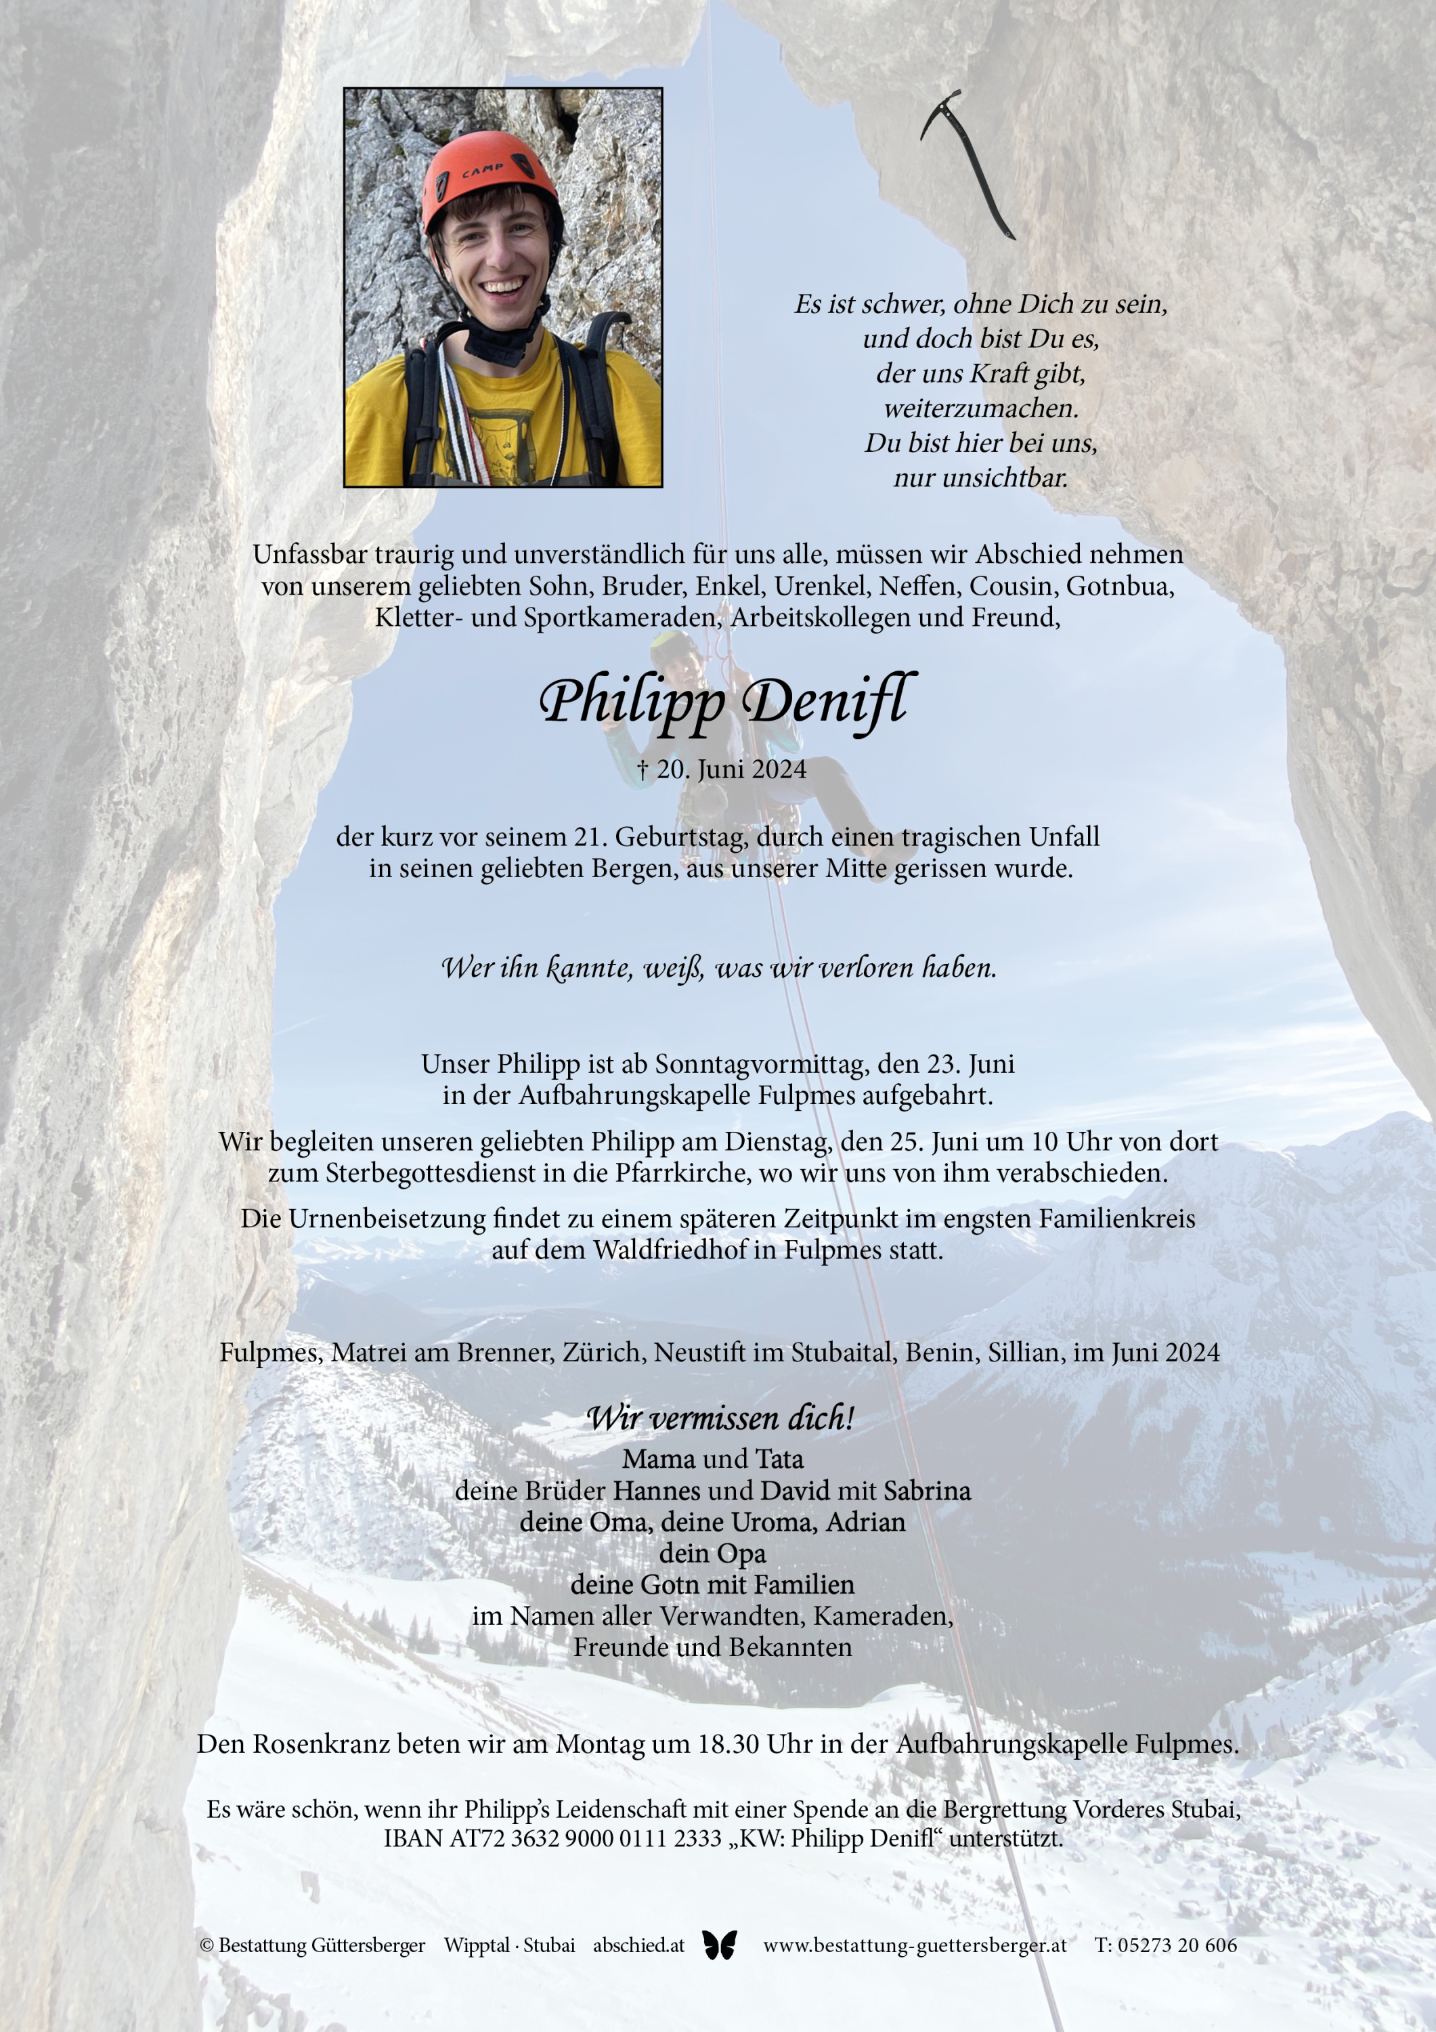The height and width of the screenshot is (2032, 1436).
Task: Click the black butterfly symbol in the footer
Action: click(x=719, y=1945)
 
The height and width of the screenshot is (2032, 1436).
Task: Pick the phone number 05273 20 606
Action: click(x=1177, y=1945)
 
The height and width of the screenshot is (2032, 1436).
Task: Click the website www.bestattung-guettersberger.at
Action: click(x=914, y=1945)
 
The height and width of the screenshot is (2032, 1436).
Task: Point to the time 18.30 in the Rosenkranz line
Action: click(x=729, y=1744)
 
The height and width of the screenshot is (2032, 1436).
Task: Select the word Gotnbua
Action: click(x=1120, y=586)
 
